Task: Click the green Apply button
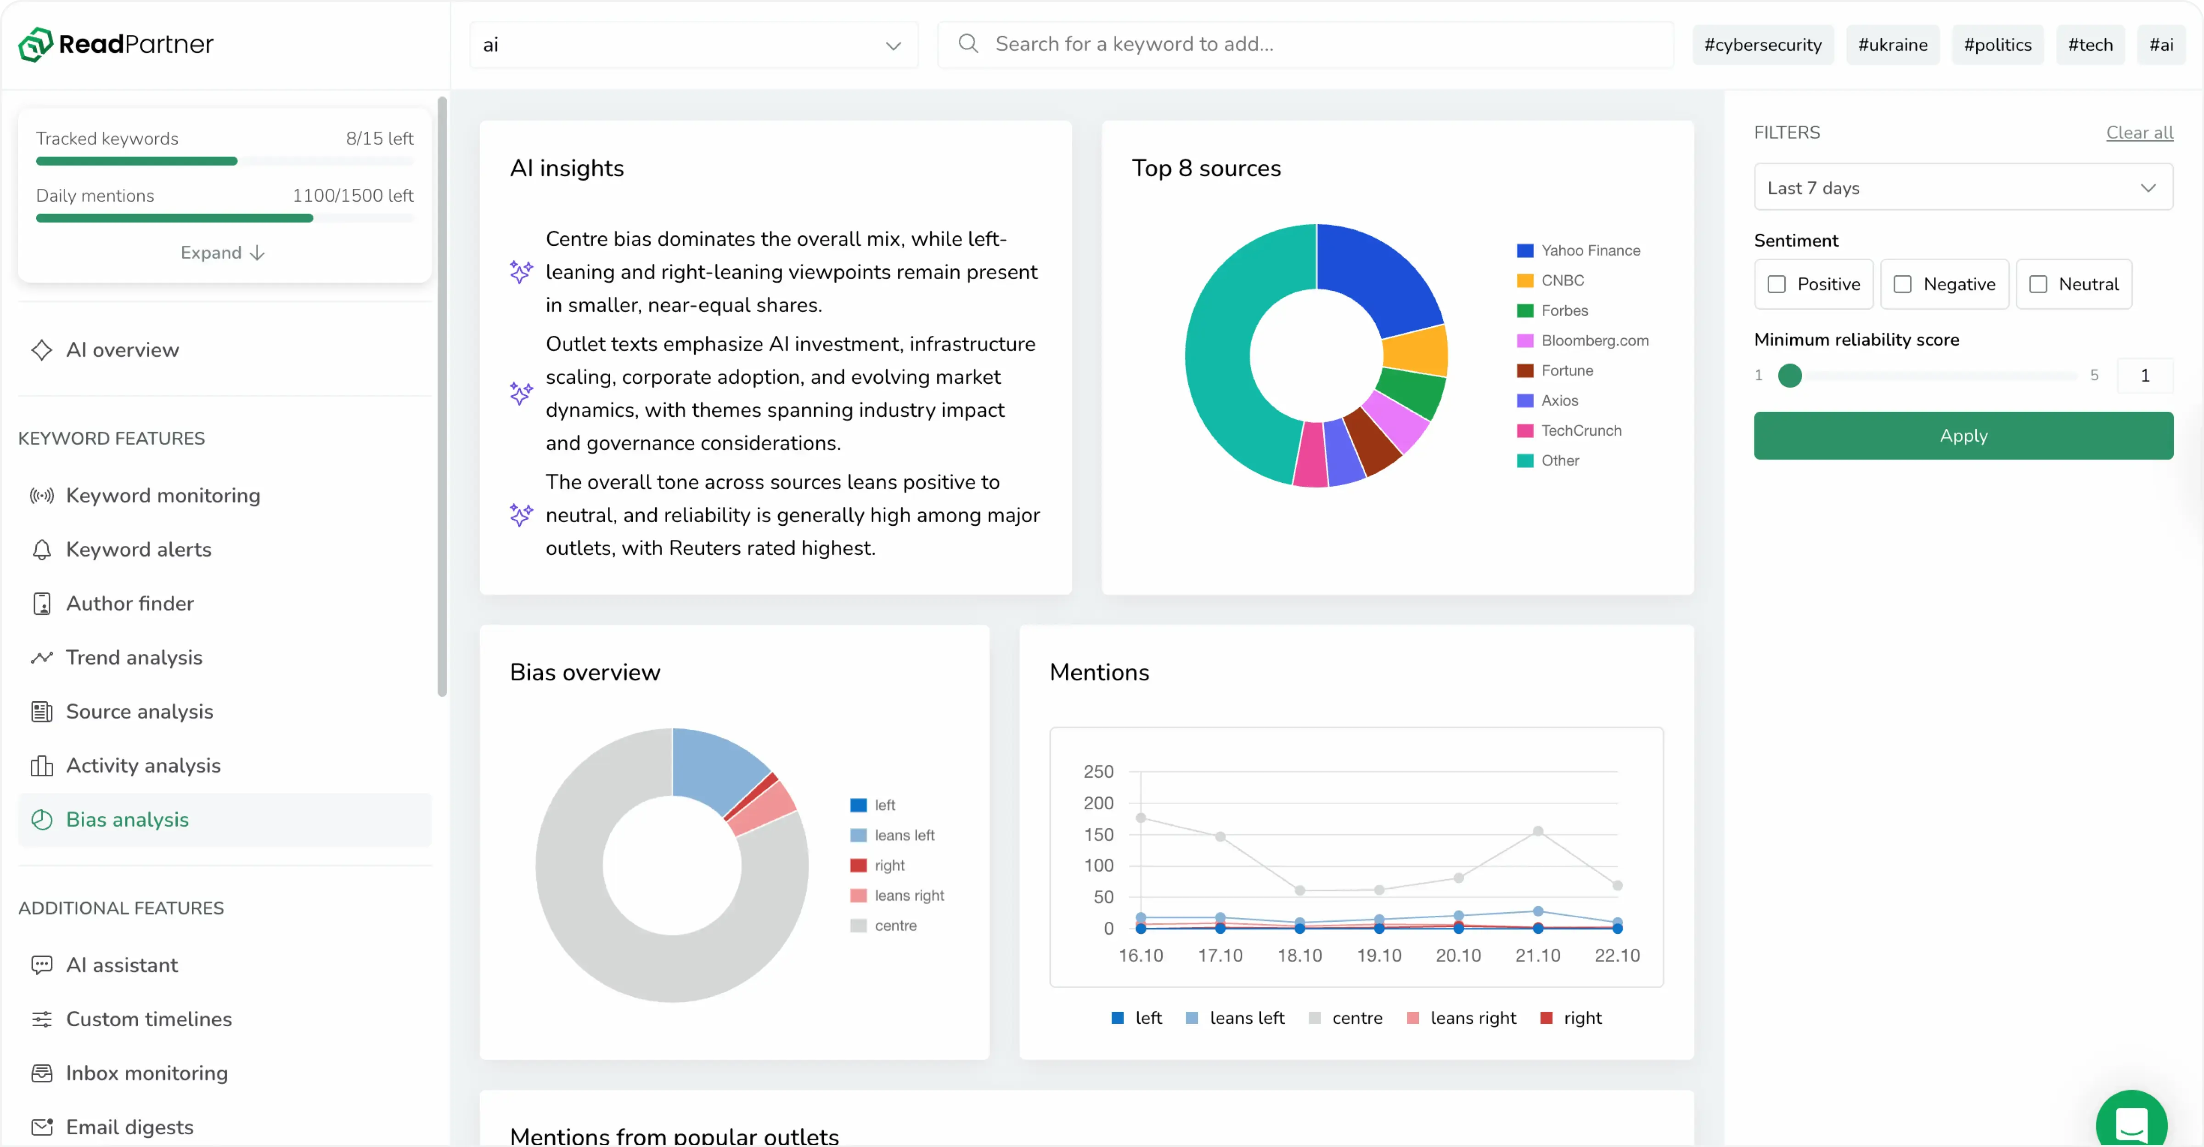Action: tap(1963, 436)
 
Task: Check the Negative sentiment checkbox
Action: tap(1902, 284)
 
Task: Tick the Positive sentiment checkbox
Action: tap(1776, 284)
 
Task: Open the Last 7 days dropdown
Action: tap(1963, 187)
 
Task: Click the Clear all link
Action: tap(2139, 133)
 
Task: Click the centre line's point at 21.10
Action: tap(1537, 831)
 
